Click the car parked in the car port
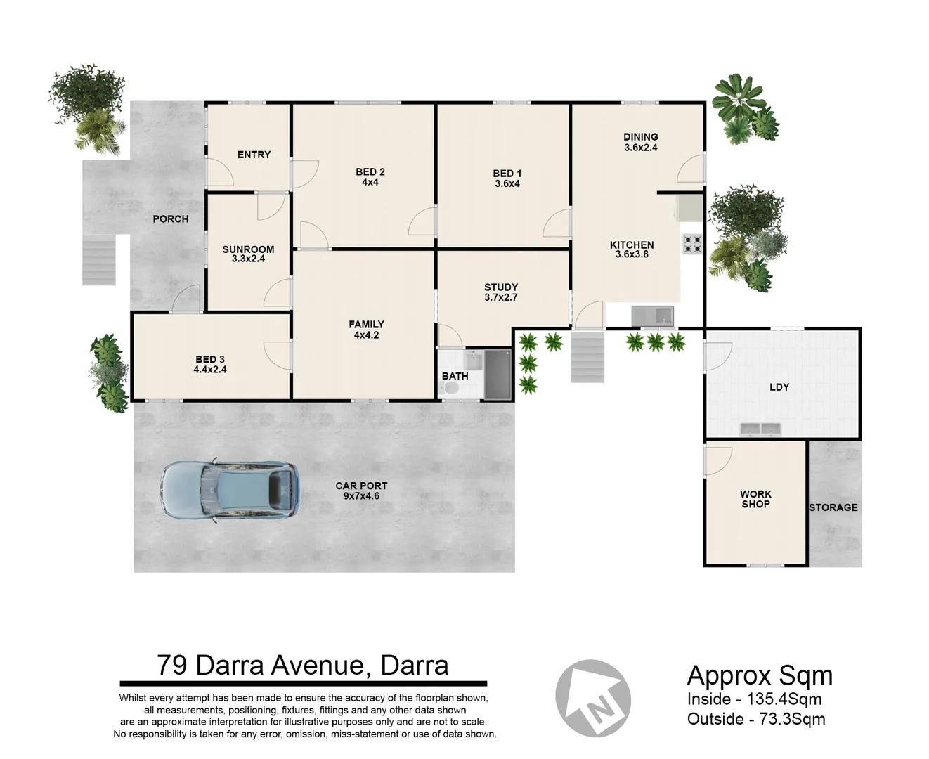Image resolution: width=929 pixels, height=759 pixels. (x=229, y=491)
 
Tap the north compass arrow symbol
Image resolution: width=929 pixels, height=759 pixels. (x=593, y=698)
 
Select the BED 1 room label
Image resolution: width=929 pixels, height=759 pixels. (x=507, y=174)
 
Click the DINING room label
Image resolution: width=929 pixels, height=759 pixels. (x=640, y=137)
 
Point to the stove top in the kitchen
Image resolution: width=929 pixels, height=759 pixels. (x=692, y=244)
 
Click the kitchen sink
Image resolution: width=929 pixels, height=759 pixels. (x=652, y=316)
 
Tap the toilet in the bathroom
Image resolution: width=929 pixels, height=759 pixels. (x=452, y=388)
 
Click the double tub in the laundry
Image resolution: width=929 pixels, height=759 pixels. (x=761, y=428)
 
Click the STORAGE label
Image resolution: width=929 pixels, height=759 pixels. (x=833, y=507)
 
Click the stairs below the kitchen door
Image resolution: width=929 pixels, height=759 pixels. (x=587, y=357)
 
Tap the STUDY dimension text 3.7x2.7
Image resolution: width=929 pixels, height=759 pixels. (x=500, y=297)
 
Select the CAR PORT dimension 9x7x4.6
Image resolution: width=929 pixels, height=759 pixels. (x=361, y=496)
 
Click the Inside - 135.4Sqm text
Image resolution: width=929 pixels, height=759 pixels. (x=754, y=699)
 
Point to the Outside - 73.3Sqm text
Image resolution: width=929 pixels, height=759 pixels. (x=756, y=719)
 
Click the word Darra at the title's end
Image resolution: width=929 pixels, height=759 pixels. (x=414, y=665)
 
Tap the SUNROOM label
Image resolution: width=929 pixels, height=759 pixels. (x=248, y=249)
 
